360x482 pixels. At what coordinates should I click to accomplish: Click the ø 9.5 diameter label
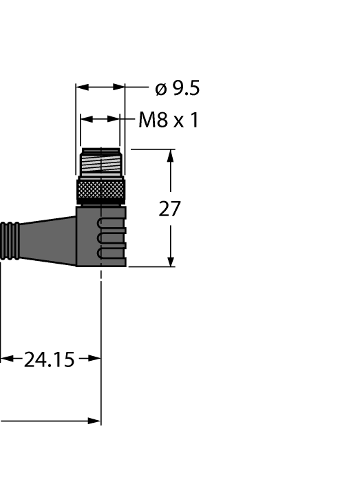coord(178,88)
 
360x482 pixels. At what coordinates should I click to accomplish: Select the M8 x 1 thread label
coord(169,120)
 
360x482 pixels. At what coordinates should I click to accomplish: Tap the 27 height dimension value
coord(169,209)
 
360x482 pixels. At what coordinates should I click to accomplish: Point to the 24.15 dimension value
coord(49,359)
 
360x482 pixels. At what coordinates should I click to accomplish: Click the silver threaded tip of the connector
coord(100,163)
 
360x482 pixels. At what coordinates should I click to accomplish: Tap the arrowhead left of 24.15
coord(6,359)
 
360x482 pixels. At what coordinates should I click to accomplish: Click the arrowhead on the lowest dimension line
coord(94,420)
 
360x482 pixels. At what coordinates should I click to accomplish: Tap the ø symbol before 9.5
coord(161,89)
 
